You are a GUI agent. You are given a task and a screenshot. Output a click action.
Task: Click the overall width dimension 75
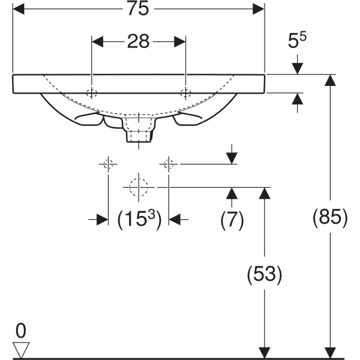[x=139, y=8]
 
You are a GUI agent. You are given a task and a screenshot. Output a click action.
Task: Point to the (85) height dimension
[x=330, y=217]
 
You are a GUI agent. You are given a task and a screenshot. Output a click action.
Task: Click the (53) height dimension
[x=264, y=274]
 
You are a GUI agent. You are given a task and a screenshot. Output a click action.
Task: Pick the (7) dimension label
[x=232, y=220]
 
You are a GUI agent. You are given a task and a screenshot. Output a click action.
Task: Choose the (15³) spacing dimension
[x=139, y=220]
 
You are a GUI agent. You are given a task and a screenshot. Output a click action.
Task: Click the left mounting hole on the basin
[x=91, y=93]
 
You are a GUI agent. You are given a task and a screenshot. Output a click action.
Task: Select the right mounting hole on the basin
[x=186, y=93]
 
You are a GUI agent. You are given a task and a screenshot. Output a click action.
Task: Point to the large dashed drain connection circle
[x=139, y=187]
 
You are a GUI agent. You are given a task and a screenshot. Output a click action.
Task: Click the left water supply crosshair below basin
[x=108, y=163]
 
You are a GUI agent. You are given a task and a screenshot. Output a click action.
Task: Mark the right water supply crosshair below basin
[x=169, y=163]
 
